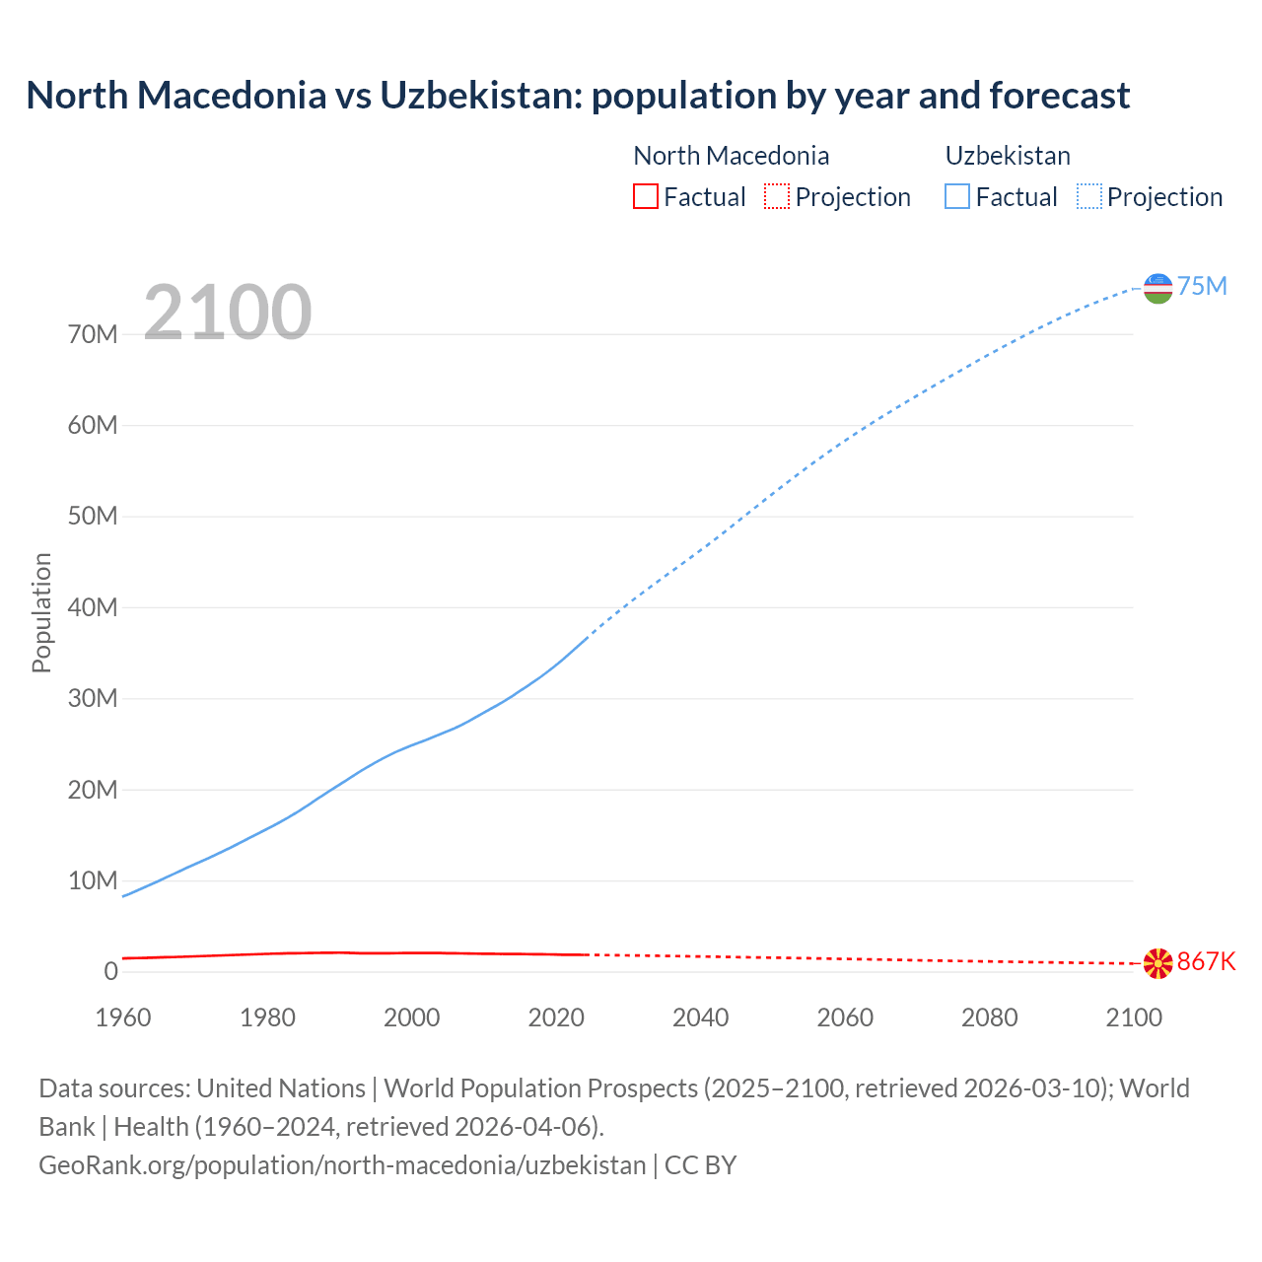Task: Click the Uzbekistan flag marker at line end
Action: pyautogui.click(x=1157, y=288)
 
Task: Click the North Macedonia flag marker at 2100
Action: pyautogui.click(x=1157, y=963)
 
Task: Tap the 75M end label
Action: pyautogui.click(x=1202, y=286)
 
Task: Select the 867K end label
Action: pyautogui.click(x=1206, y=961)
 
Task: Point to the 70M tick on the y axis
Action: pyautogui.click(x=93, y=334)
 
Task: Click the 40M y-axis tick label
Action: pyautogui.click(x=93, y=607)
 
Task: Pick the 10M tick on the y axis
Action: pyautogui.click(x=93, y=880)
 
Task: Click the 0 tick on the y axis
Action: pyautogui.click(x=110, y=971)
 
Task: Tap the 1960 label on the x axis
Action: pyautogui.click(x=123, y=1017)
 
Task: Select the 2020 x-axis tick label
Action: pyautogui.click(x=556, y=1017)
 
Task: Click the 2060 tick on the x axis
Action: pyautogui.click(x=845, y=1017)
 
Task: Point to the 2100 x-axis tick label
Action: pyautogui.click(x=1134, y=1017)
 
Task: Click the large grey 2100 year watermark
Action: pyautogui.click(x=228, y=313)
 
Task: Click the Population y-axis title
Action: pyautogui.click(x=41, y=612)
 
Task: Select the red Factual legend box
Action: pyautogui.click(x=645, y=197)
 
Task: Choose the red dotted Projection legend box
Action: pyautogui.click(x=777, y=197)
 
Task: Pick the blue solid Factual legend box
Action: pyautogui.click(x=956, y=197)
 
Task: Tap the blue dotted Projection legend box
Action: pyautogui.click(x=1089, y=197)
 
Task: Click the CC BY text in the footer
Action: pyautogui.click(x=700, y=1165)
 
